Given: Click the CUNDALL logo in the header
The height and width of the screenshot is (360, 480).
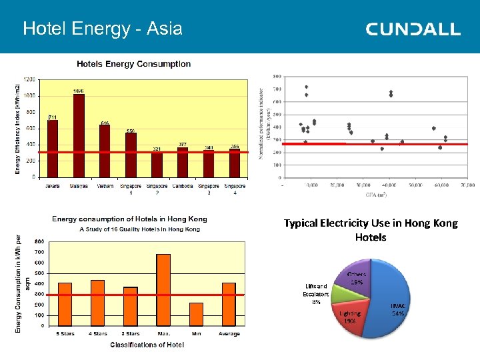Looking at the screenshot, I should pyautogui.click(x=413, y=29).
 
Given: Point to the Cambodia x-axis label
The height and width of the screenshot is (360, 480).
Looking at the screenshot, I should pyautogui.click(x=183, y=187).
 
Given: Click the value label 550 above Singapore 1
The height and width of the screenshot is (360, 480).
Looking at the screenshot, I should pyautogui.click(x=131, y=130).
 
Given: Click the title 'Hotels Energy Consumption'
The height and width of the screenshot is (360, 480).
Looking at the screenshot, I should pyautogui.click(x=133, y=64).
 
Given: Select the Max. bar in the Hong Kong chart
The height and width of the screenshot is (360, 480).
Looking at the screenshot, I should pyautogui.click(x=163, y=289).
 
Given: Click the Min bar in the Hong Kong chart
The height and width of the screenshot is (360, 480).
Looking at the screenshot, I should pyautogui.click(x=196, y=314).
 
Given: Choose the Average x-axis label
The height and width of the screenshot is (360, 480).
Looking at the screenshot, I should pyautogui.click(x=229, y=334).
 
